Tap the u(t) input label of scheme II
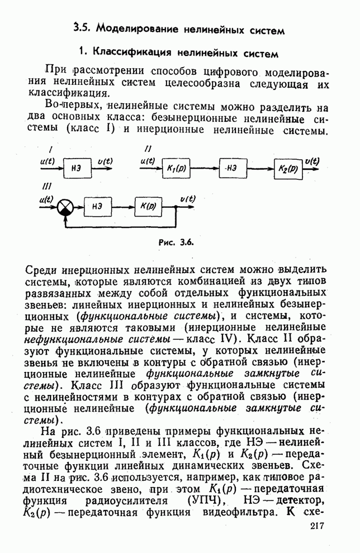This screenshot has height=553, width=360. (148, 160)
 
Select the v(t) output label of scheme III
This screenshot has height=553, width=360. (187, 198)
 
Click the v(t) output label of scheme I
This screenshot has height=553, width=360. (105, 161)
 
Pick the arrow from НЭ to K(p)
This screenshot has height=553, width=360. (122, 206)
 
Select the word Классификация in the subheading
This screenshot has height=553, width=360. (133, 53)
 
